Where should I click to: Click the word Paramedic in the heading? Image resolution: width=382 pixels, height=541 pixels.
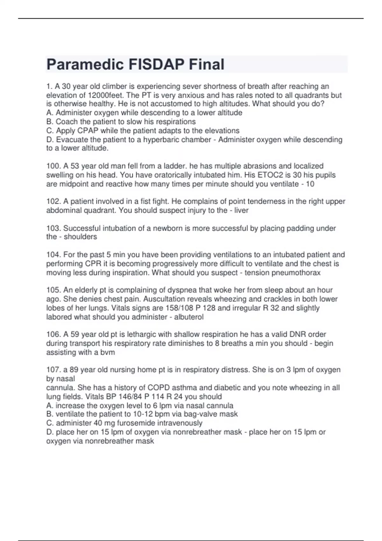85,65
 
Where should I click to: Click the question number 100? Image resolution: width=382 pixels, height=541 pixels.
53,166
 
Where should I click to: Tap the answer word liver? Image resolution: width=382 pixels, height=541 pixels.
241,210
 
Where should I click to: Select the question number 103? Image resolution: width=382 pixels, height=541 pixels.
53,228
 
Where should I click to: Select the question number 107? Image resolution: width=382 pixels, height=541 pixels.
53,369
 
